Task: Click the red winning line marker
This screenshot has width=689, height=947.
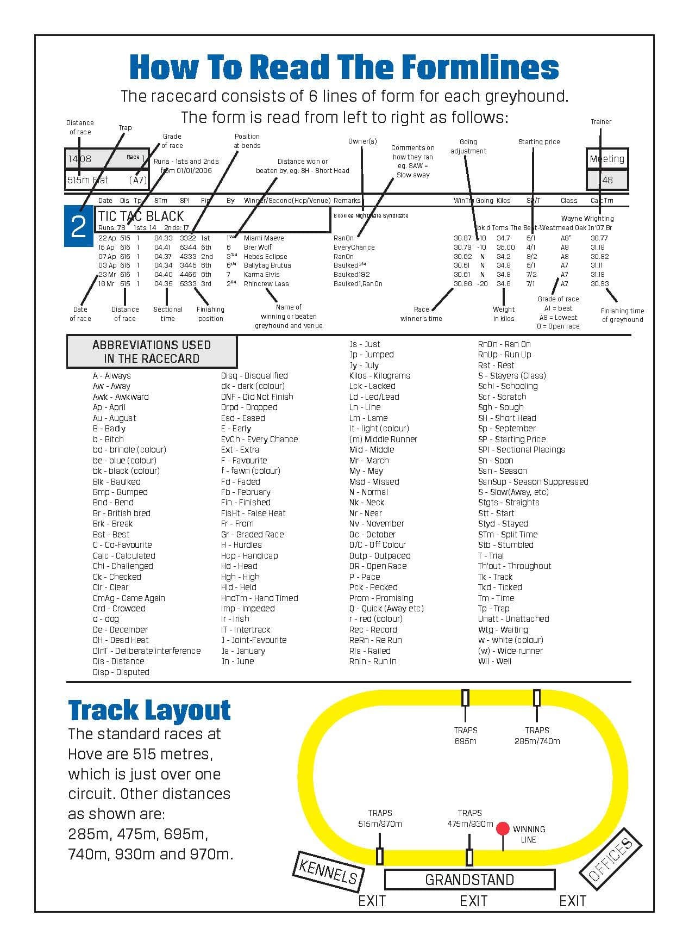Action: point(503,828)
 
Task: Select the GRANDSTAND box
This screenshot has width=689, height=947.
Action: point(469,880)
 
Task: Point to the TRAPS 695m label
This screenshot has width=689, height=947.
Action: point(466,735)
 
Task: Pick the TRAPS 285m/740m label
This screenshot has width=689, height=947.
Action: point(537,735)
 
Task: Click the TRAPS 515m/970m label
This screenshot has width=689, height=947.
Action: point(380,818)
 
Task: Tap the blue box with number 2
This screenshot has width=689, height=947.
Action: point(79,226)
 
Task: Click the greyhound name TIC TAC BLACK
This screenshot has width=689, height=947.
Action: point(141,216)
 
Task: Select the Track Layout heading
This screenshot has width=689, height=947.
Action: point(149,710)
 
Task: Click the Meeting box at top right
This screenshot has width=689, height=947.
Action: point(607,159)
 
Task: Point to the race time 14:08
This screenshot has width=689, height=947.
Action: point(79,159)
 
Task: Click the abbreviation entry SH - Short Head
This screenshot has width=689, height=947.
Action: point(506,418)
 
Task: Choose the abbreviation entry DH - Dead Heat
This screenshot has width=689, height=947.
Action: point(120,640)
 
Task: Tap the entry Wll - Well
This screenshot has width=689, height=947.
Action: point(494,661)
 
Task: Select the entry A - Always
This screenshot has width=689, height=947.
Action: point(111,376)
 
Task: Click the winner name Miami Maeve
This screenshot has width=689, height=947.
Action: point(264,238)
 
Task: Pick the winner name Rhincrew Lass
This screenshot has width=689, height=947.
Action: point(266,284)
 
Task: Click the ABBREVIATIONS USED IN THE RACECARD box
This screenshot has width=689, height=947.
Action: point(152,352)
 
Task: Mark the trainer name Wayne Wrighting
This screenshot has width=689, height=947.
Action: point(587,219)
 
